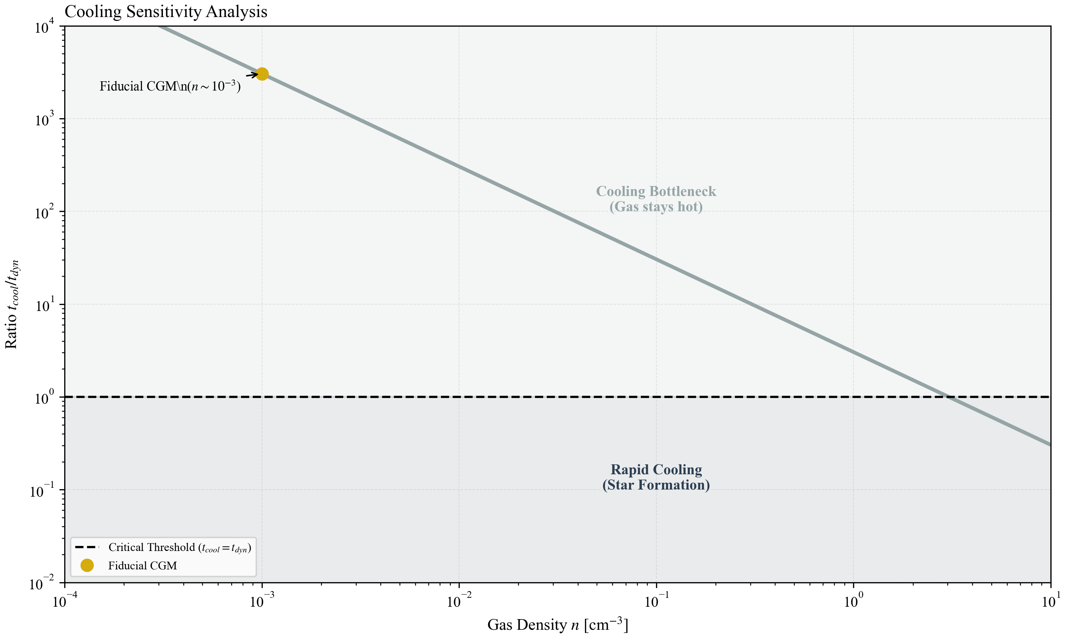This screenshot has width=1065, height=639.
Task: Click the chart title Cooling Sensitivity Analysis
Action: tap(166, 12)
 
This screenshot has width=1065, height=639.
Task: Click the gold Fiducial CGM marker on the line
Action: tap(262, 74)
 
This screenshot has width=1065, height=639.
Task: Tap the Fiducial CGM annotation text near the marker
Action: tap(170, 86)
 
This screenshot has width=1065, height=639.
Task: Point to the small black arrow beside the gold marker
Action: tap(252, 75)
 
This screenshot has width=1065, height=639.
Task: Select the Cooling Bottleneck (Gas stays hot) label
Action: tap(656, 199)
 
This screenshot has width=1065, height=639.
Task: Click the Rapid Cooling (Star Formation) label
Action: tap(656, 477)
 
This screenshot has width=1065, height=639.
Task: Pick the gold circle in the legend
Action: tap(87, 566)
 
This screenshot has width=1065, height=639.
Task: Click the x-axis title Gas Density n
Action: tap(557, 624)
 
